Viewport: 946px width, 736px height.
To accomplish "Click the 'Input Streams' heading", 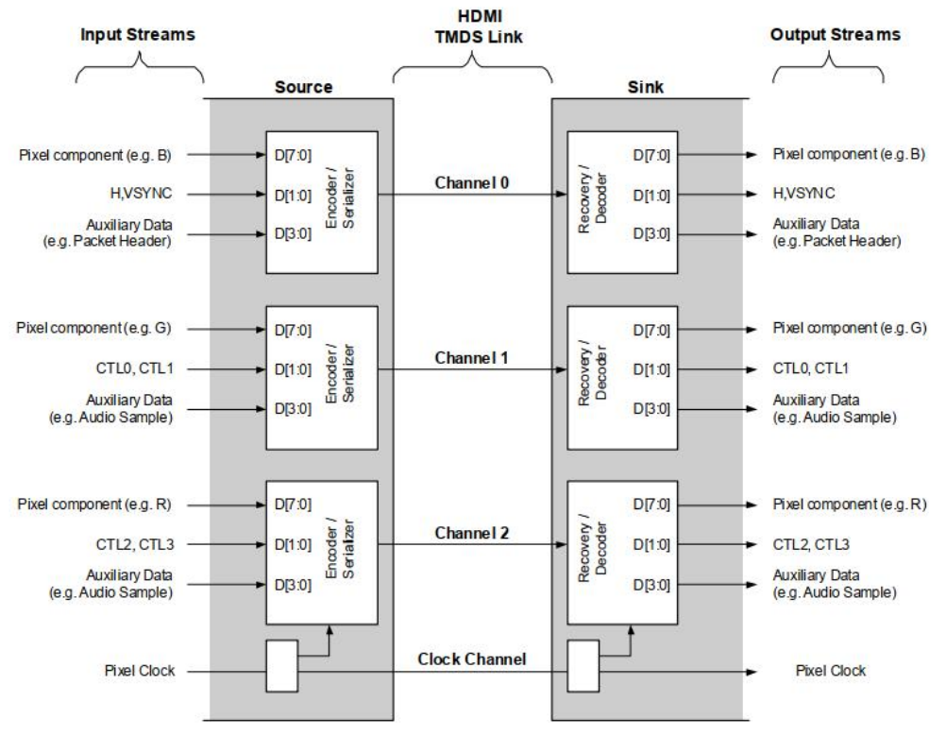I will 138,35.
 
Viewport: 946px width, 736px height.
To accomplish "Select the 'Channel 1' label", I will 471,359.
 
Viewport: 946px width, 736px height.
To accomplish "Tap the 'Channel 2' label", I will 471,533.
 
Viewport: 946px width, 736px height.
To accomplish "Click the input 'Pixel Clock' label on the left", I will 143,672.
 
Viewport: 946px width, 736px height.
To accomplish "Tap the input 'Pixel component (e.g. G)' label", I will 95,328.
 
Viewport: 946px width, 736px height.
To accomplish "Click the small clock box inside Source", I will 281,665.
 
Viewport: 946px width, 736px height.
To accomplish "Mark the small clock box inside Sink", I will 582,665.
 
